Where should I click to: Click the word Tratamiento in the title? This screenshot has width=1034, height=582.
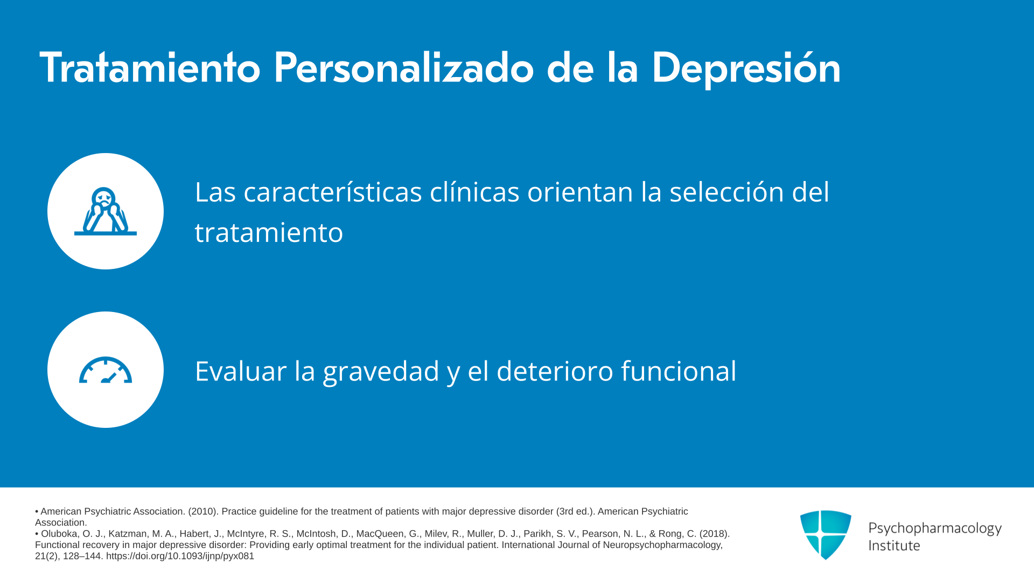[x=150, y=67]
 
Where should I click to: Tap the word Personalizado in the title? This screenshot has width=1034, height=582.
[x=404, y=67]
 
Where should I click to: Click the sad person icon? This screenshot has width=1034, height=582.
[x=106, y=211]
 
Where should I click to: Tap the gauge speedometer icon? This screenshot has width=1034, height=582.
[x=106, y=370]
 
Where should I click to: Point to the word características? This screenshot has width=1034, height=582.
[x=333, y=192]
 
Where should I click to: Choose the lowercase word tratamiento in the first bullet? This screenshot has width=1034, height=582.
[x=269, y=233]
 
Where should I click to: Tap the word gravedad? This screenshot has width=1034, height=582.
[x=381, y=372]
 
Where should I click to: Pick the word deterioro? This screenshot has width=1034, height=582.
[x=555, y=371]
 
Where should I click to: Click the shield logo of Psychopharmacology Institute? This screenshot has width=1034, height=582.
[x=826, y=535]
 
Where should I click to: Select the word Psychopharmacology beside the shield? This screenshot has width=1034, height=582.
[x=935, y=529]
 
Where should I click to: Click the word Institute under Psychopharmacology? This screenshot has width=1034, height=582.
[x=894, y=545]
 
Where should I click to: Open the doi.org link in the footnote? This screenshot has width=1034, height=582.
[x=180, y=556]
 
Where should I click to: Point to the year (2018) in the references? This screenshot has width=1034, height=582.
[x=715, y=533]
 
